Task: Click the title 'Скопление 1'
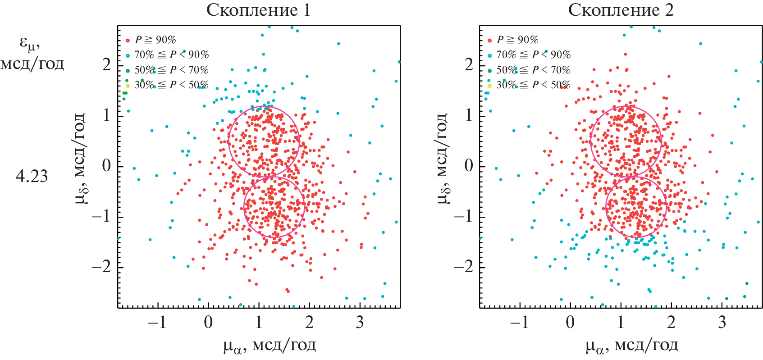coord(258,10)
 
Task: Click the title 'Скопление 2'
coord(621,10)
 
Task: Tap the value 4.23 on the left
coord(32,176)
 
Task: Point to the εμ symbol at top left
coord(30,43)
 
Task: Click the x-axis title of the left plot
coord(269,346)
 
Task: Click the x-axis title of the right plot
coord(631,346)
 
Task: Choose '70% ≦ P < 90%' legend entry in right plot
coord(533,55)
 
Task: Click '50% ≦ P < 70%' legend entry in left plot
coord(171,70)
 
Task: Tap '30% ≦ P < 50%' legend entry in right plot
coord(533,85)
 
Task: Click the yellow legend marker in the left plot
coord(128,86)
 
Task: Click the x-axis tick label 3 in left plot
coord(360,322)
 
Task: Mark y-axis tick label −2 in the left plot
coord(101,267)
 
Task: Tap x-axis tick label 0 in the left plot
coord(208,322)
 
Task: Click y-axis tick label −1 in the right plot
coord(464,216)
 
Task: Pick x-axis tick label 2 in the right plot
coord(672,322)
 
